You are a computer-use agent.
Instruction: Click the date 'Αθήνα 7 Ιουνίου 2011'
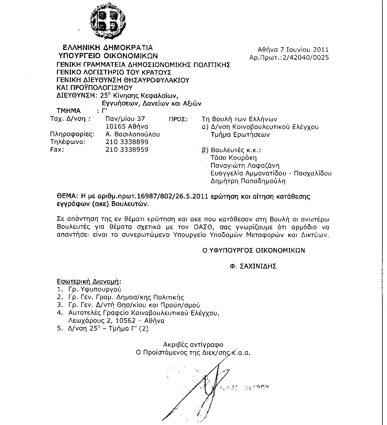pos(293,49)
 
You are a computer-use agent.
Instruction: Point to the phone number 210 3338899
pos(127,142)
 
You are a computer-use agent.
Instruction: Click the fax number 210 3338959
pos(127,150)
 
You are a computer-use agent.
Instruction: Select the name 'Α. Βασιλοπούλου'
pos(132,134)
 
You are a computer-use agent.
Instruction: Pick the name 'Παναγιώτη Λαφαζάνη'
pos(245,166)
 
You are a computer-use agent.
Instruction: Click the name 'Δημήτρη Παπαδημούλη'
pos(248,181)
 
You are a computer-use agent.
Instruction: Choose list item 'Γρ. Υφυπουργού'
pos(95,289)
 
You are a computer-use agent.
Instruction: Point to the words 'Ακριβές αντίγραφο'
pos(193,344)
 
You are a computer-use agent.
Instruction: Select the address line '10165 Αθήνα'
pos(127,126)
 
